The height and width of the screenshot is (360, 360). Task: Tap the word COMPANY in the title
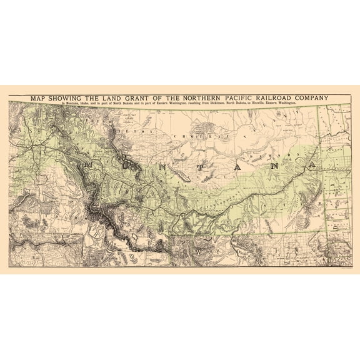tap(306, 98)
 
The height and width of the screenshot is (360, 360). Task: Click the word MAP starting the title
tap(31, 98)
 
